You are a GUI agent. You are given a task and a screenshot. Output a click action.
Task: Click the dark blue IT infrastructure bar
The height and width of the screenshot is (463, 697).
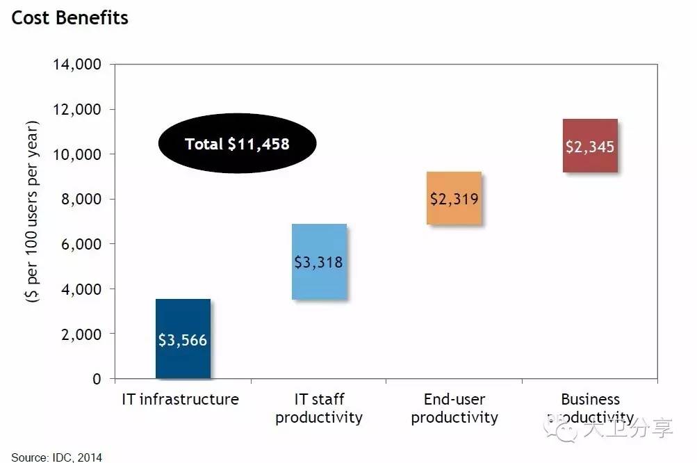(183, 339)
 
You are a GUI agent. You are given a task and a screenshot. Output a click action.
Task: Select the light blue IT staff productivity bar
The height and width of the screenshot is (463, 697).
(318, 262)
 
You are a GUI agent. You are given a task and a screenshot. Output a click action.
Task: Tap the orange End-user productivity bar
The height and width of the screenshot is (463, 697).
(454, 198)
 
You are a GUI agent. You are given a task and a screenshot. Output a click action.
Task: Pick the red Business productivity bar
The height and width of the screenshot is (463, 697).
(589, 146)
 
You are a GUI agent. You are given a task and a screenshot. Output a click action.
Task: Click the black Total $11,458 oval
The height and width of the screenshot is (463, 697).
(237, 143)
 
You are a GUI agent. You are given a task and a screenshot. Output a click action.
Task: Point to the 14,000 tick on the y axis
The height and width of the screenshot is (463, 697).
(77, 65)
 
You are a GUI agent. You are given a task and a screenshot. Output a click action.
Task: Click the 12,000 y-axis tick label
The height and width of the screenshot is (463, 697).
(77, 110)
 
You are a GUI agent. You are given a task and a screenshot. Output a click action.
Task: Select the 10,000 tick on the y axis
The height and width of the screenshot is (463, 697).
(77, 154)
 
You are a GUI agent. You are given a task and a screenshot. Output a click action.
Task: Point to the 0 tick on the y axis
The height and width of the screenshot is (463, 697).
(96, 379)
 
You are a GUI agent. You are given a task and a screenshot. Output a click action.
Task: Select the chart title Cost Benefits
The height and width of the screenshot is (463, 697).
(69, 17)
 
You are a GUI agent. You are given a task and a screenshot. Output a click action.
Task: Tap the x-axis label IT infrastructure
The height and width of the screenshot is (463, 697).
(180, 399)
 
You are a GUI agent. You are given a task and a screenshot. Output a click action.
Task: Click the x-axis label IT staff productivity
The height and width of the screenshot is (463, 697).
(318, 408)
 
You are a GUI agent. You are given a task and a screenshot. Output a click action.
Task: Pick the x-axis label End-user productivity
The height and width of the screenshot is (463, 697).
(454, 408)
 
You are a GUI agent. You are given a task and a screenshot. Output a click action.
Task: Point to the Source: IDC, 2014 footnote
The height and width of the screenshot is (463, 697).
(56, 457)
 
